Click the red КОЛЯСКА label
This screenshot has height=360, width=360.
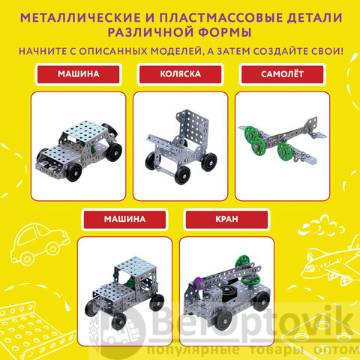coord(180,74)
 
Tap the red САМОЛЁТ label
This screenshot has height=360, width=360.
coord(282,74)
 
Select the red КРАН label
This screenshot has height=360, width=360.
coord(226,219)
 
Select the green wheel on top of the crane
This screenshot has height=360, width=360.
coord(242,264)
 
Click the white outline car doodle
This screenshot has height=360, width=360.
coord(39,242)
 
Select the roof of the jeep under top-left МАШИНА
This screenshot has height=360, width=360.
coord(84,130)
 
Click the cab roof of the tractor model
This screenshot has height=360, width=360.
coord(135,265)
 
